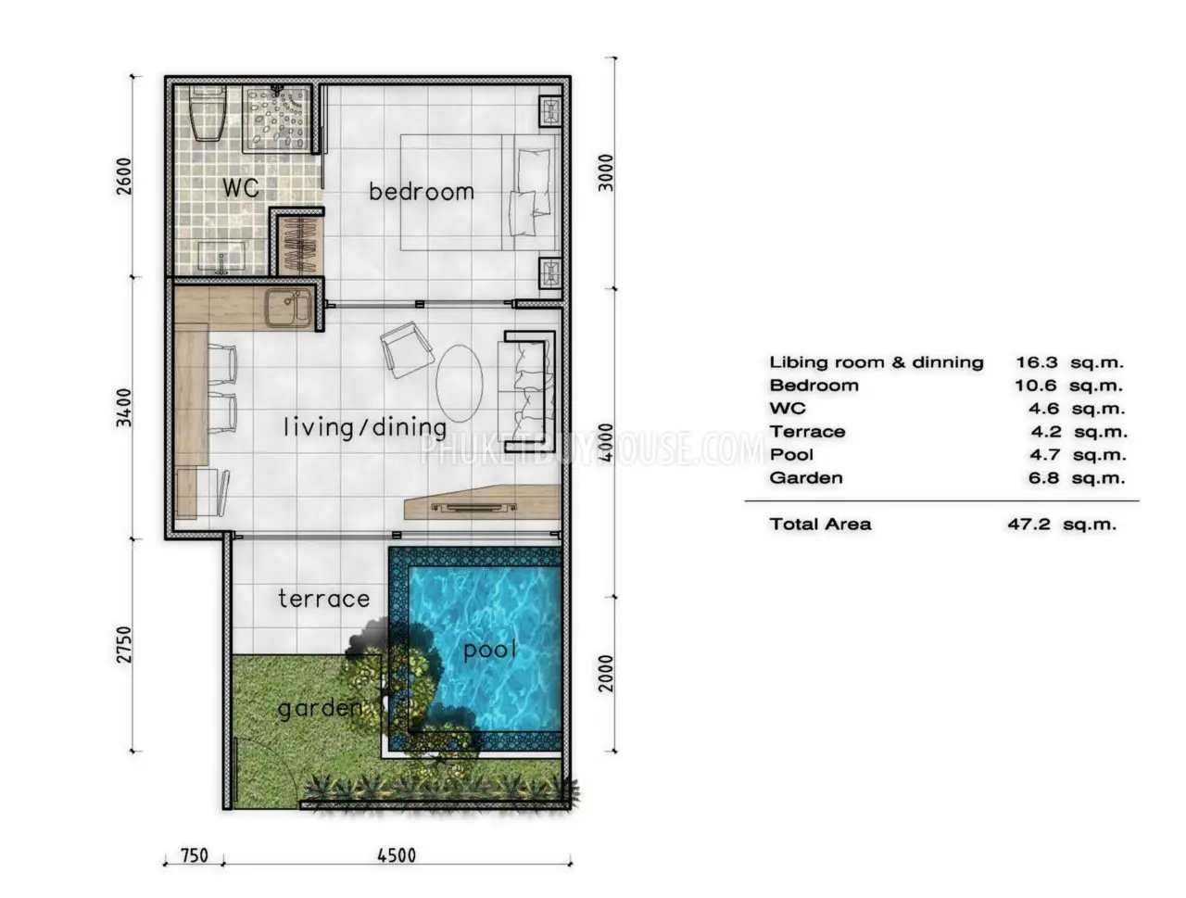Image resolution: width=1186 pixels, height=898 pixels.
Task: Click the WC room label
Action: (x=240, y=187)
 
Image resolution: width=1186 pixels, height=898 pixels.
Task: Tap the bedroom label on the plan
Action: (x=421, y=191)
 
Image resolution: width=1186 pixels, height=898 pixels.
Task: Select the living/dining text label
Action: (x=365, y=427)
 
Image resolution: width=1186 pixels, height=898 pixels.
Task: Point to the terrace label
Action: (x=323, y=598)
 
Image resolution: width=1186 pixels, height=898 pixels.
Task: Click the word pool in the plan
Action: (x=489, y=650)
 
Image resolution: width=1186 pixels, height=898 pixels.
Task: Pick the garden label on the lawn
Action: (x=320, y=708)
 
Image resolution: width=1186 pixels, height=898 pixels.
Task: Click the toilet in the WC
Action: (x=208, y=115)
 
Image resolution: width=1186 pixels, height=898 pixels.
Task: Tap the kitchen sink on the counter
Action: (x=287, y=308)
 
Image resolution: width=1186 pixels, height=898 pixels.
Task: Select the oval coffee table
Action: (x=460, y=384)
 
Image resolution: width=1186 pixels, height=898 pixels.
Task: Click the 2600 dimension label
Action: (x=124, y=176)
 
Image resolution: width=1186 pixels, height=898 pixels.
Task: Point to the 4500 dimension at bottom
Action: (x=396, y=856)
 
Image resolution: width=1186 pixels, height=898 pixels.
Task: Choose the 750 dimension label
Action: (x=194, y=856)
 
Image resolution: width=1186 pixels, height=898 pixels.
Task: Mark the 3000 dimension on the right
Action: (x=606, y=173)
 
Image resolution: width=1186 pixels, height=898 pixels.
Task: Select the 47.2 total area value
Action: (x=1028, y=525)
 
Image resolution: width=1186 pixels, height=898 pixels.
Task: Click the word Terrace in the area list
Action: (x=807, y=432)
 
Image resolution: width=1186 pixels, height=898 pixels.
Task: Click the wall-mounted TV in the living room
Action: (x=473, y=507)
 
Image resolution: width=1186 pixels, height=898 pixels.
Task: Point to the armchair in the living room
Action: (x=407, y=349)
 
